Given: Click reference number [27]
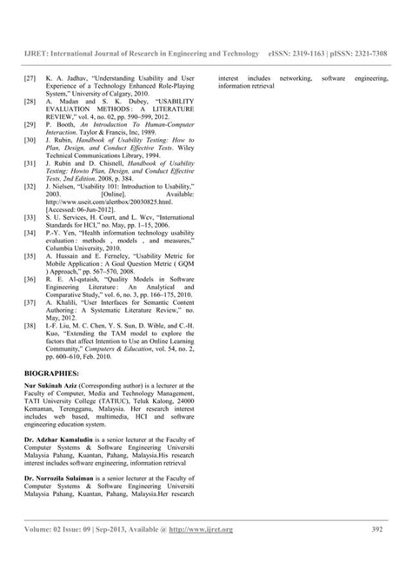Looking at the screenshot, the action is (x=30, y=77).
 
